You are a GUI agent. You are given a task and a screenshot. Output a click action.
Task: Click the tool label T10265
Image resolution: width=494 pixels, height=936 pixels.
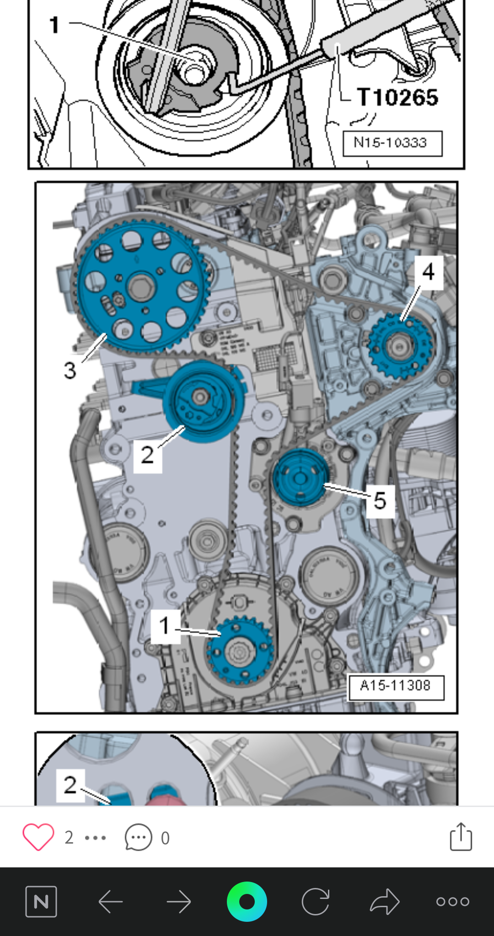pyautogui.click(x=397, y=97)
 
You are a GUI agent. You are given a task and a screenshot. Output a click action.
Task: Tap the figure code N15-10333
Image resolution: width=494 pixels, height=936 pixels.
pyautogui.click(x=392, y=143)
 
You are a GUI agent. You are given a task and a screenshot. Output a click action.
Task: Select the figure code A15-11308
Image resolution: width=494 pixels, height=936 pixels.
pyautogui.click(x=396, y=686)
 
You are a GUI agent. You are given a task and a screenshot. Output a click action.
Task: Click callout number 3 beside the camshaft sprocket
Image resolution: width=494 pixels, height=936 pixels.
pyautogui.click(x=70, y=370)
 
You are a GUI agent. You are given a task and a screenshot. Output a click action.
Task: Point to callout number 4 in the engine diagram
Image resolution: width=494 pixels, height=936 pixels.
pyautogui.click(x=428, y=272)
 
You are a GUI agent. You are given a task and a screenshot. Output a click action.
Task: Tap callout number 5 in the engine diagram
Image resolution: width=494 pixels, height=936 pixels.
pyautogui.click(x=380, y=500)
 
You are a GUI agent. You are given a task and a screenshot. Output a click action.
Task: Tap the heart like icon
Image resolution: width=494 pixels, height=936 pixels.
pyautogui.click(x=38, y=837)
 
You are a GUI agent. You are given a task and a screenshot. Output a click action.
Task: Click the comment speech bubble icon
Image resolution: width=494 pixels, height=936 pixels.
pyautogui.click(x=138, y=837)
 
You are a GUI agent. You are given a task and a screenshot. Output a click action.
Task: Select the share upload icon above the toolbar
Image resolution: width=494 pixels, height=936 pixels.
pyautogui.click(x=461, y=837)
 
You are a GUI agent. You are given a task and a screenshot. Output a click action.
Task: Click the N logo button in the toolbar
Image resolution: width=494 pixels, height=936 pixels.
pyautogui.click(x=41, y=902)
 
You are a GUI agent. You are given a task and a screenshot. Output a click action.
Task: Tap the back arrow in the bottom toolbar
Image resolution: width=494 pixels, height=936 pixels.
pyautogui.click(x=111, y=902)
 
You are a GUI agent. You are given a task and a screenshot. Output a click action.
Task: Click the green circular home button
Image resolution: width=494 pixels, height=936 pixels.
pyautogui.click(x=247, y=902)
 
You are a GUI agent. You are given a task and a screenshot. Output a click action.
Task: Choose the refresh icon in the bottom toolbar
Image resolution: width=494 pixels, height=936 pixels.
pyautogui.click(x=316, y=902)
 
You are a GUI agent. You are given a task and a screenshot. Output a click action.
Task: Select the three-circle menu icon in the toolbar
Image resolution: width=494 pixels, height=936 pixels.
pyautogui.click(x=452, y=902)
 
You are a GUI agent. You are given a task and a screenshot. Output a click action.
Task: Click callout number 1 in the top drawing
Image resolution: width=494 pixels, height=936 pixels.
pyautogui.click(x=54, y=25)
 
